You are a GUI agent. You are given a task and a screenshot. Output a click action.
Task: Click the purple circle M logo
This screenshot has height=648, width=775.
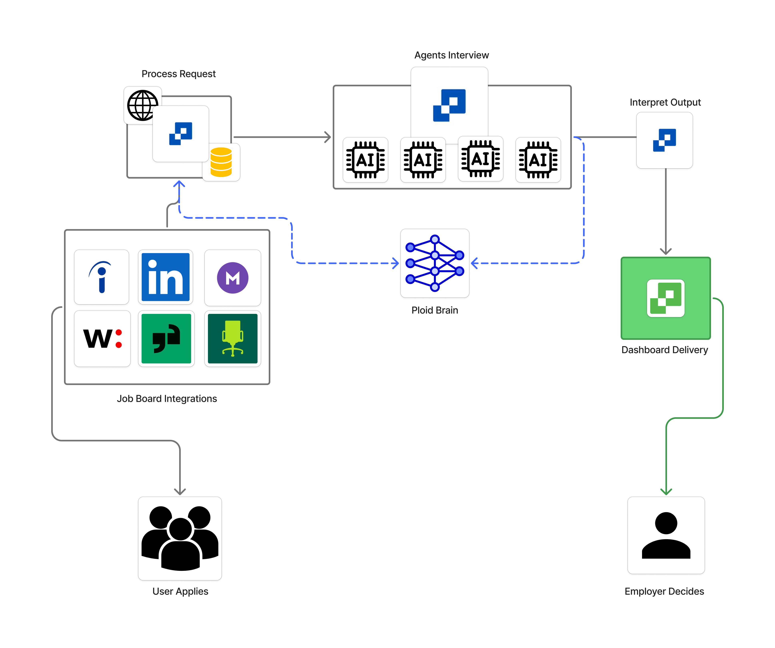pos(233,278)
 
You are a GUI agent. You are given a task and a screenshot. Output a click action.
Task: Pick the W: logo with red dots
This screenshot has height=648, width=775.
pos(102,338)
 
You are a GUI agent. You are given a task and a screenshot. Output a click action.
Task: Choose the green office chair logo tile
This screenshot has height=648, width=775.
pos(233,338)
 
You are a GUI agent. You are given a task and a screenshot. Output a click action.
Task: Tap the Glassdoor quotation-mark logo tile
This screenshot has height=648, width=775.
pos(166,338)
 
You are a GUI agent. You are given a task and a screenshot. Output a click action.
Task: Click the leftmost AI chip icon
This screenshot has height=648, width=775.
pos(365,160)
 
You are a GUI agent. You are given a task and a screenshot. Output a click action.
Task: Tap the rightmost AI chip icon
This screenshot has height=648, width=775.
pos(538,160)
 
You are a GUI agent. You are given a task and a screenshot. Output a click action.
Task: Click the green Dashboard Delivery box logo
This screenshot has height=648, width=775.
pos(665,298)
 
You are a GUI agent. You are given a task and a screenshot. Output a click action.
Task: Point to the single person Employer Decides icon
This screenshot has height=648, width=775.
pos(666,535)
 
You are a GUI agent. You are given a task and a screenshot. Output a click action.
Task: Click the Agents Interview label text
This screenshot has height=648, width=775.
pos(451,55)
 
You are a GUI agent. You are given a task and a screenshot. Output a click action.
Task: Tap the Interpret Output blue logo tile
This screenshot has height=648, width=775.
pos(664,140)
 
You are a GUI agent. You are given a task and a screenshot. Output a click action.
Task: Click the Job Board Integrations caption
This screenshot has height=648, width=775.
pos(167,398)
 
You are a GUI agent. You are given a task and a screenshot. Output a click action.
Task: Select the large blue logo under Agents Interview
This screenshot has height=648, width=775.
pos(449,105)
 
